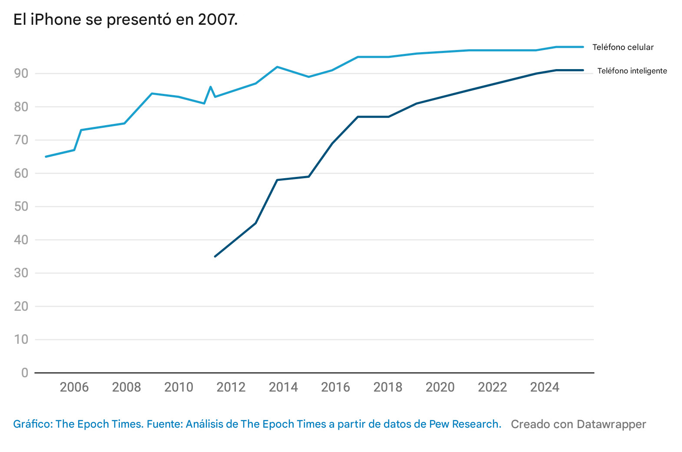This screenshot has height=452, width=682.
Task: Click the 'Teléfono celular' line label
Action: click(622, 47)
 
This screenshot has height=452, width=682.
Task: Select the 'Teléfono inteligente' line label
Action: click(632, 71)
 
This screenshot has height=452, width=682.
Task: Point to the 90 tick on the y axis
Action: click(21, 73)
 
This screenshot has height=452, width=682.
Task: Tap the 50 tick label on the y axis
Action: click(21, 206)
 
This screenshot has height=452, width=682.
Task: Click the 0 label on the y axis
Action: click(25, 373)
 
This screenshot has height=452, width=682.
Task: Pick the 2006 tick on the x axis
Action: click(74, 387)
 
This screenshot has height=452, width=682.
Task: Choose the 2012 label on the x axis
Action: click(231, 387)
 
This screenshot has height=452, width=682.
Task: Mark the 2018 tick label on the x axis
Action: click(388, 387)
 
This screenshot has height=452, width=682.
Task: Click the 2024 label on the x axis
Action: click(545, 387)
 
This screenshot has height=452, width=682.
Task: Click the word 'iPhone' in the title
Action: click(56, 20)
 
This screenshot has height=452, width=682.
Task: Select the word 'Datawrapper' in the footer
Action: click(612, 424)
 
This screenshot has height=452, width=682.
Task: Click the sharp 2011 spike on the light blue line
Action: click(211, 87)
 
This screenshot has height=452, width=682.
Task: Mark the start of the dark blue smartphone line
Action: click(215, 256)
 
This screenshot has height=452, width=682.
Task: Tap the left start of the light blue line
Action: click(46, 156)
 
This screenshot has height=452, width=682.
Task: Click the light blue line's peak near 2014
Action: click(277, 67)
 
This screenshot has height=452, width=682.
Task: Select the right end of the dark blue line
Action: click(583, 70)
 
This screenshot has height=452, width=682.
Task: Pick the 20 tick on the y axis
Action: click(21, 306)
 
